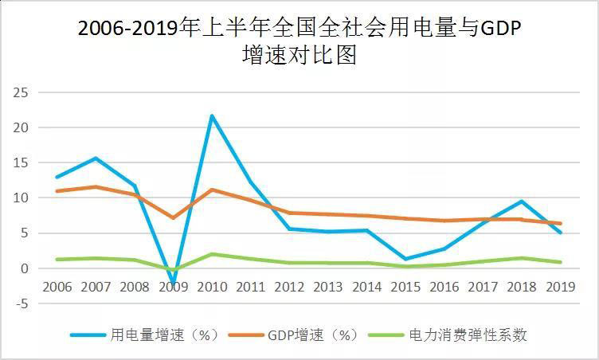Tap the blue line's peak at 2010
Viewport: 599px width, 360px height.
pos(212,116)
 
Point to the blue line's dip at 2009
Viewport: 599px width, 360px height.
pos(173,283)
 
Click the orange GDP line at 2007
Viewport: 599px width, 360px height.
pos(95,187)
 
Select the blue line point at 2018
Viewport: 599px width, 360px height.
pos(522,202)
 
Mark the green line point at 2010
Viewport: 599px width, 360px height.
pos(212,254)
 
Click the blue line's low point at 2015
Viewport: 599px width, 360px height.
pos(406,259)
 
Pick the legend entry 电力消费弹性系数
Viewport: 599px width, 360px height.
pos(468,335)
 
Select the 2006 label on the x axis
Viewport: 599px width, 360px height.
pos(57,286)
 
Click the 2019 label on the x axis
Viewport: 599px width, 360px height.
pos(561,286)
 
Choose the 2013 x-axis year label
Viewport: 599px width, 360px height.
pos(329,286)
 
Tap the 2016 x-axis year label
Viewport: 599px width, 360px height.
pos(445,286)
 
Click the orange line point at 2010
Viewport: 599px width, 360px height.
pos(212,190)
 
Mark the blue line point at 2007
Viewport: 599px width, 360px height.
pos(95,158)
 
